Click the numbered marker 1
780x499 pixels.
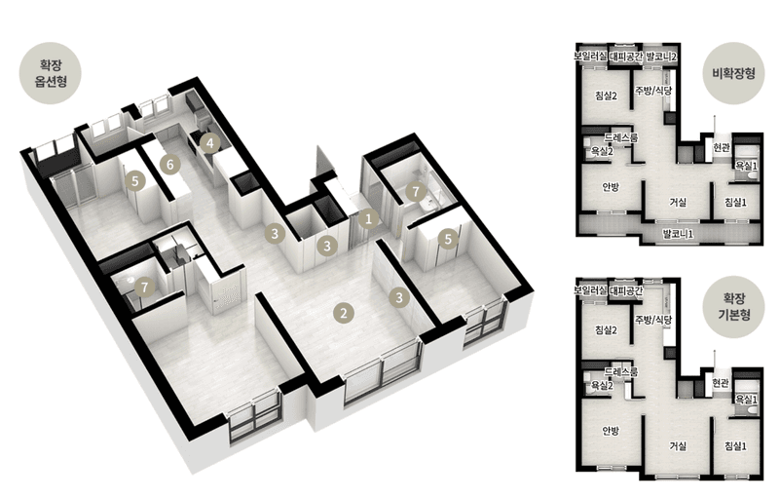coord(368,218)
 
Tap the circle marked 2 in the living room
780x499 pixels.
coord(343,313)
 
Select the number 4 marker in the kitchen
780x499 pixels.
coord(210,143)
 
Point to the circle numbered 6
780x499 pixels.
coord(170,164)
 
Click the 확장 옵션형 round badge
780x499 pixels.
coord(51,73)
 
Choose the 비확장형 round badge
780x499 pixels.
coord(733,73)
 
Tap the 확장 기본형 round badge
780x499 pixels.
coord(733,307)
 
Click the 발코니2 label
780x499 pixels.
coord(661,57)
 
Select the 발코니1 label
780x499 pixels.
coord(678,234)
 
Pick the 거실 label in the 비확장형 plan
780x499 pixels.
coord(678,202)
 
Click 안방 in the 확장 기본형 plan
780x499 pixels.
coord(611,431)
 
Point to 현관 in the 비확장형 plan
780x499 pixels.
coord(721,148)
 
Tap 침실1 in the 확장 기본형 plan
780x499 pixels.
coord(736,445)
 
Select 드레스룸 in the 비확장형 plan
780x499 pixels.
coord(621,137)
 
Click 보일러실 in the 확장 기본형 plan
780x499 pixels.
coord(590,289)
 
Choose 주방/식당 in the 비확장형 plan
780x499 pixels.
coord(653,91)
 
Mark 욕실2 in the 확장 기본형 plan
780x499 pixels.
coord(602,385)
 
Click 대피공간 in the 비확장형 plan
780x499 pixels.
coord(626,57)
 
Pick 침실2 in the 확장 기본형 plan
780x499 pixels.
coord(606,329)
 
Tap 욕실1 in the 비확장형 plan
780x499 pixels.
coord(747,166)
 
